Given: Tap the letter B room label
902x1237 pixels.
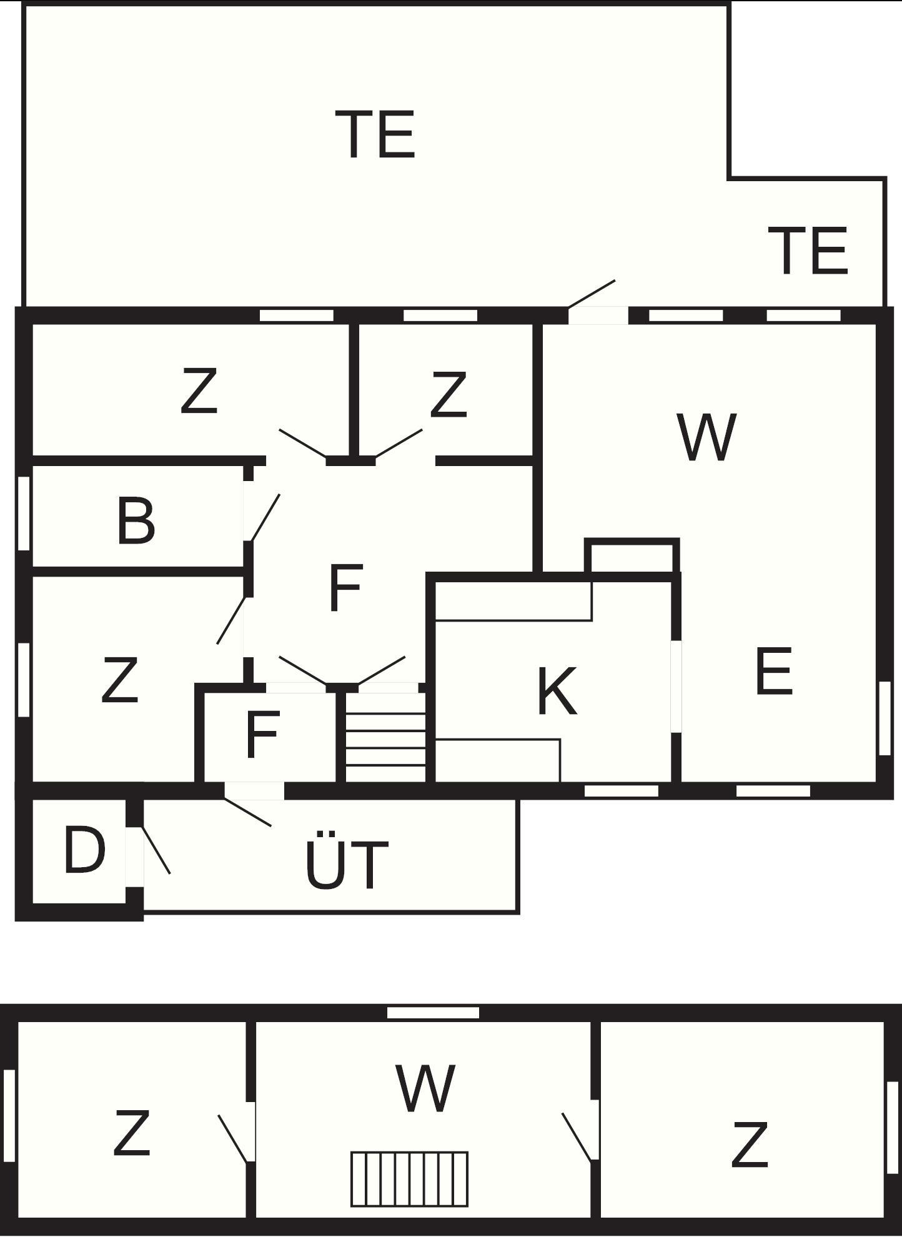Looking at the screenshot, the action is (136, 520).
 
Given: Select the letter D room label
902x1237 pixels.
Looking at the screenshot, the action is (84, 849).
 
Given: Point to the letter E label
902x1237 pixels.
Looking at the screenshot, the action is (774, 671).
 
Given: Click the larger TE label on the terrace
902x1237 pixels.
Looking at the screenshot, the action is (375, 134).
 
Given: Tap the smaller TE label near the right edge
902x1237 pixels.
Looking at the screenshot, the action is (808, 251).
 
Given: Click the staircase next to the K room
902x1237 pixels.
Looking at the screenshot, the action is (385, 737).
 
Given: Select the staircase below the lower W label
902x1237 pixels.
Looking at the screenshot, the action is (409, 1178).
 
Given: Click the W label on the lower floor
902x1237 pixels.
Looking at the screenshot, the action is (425, 1088).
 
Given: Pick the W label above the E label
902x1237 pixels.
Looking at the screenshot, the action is (706, 437).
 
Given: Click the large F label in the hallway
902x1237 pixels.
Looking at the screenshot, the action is (345, 587).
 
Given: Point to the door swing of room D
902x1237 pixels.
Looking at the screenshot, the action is (156, 850).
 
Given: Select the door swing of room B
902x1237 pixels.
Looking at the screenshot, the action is (265, 518).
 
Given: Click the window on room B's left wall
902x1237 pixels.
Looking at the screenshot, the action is (24, 514).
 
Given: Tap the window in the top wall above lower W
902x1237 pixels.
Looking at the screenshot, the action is (433, 1013).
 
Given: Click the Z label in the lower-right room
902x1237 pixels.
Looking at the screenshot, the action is (749, 1145).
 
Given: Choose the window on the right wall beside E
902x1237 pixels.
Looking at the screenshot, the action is (884, 718).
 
